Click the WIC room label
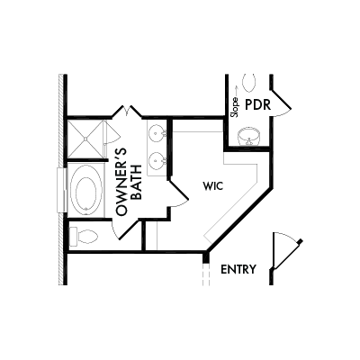213,186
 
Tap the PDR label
258,105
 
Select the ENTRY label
238,269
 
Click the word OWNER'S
121,182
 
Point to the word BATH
137,183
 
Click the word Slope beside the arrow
236,107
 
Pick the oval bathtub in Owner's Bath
86,190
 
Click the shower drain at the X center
85,139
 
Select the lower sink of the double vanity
157,160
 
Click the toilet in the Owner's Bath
84,237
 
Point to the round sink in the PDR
249,137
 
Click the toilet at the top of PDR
249,83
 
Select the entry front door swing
286,250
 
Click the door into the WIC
179,193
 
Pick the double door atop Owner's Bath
126,111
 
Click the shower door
112,132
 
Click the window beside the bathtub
61,190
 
